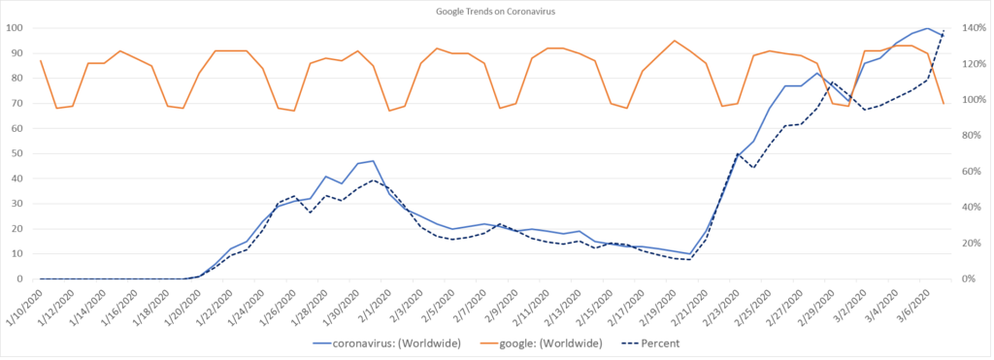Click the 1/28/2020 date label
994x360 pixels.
click(x=313, y=303)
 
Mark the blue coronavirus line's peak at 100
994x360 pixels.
click(x=928, y=28)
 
